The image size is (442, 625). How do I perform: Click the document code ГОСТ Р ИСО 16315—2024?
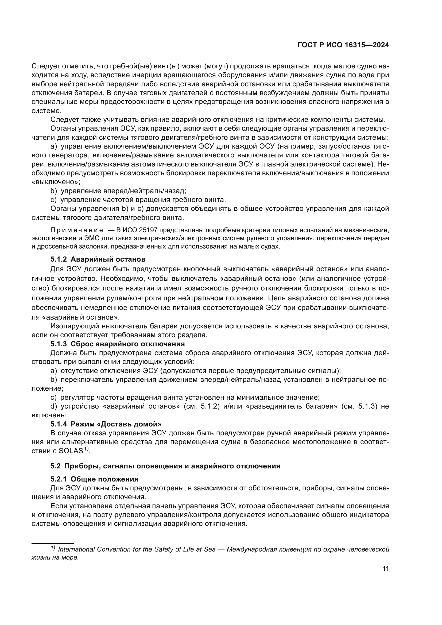pos(343,45)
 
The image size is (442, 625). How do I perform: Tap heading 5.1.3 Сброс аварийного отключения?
pos(118,344)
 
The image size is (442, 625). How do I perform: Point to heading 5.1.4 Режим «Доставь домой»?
pos(106,424)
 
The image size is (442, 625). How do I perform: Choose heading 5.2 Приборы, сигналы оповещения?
pos(165,466)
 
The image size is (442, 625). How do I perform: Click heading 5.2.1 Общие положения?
pos(94,479)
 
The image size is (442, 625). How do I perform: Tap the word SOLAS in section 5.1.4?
pos(71,451)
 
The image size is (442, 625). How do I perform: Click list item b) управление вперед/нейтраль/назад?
pos(118,191)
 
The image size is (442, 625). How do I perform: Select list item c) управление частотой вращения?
pos(138,200)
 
